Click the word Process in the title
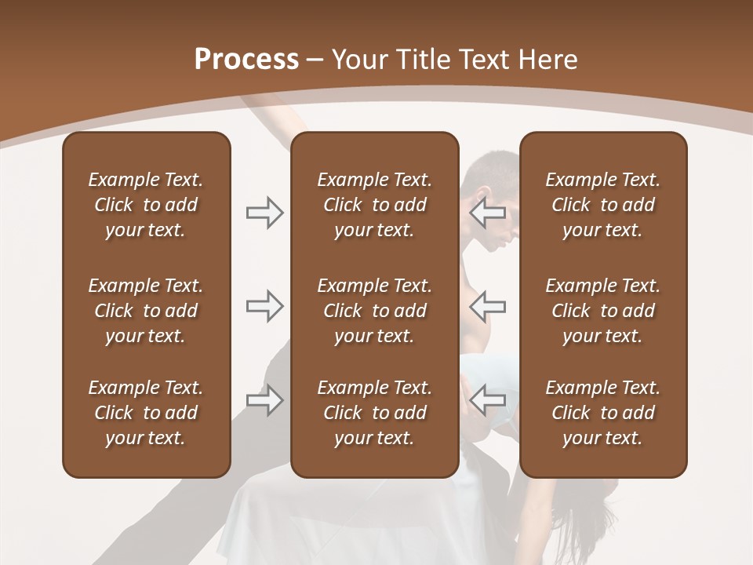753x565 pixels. (x=246, y=60)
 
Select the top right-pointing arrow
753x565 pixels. (x=265, y=212)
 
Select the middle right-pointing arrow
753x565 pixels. (x=265, y=306)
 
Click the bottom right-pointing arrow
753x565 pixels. (x=265, y=400)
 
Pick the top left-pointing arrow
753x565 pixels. (x=488, y=212)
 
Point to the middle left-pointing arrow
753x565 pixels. (x=488, y=306)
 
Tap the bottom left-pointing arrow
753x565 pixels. (x=488, y=400)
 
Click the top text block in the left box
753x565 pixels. (x=146, y=205)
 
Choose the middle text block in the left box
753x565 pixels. (x=146, y=311)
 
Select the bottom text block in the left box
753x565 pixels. (x=146, y=413)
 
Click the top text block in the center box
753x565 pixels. (x=374, y=205)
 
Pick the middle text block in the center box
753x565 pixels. (x=374, y=311)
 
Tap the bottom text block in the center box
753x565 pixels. (x=374, y=413)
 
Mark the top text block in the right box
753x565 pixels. (x=602, y=205)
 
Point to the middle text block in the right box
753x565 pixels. (x=602, y=311)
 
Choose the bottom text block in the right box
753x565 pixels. (x=602, y=413)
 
